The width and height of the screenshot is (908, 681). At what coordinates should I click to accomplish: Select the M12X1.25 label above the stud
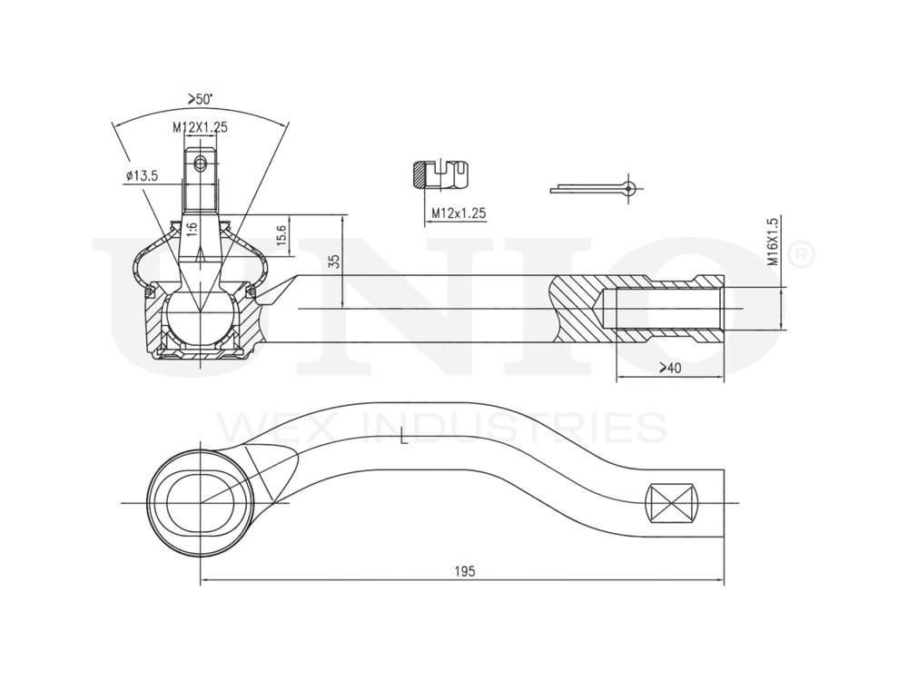200,127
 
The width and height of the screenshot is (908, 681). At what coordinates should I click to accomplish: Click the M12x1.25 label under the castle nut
459,212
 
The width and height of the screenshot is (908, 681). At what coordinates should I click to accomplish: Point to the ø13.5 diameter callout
143,175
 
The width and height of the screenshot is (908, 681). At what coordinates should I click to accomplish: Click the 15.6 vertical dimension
281,236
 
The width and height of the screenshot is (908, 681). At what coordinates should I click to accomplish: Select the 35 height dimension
333,261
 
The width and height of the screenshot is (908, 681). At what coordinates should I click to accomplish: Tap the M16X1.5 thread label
773,241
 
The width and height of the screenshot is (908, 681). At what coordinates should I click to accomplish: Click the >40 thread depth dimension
669,368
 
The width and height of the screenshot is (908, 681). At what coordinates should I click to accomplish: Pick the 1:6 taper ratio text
192,228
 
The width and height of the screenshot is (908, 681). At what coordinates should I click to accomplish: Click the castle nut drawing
440,174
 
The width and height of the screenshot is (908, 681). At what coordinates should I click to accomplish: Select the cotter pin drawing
595,188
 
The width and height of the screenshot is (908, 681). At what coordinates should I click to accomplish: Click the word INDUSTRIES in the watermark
514,427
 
